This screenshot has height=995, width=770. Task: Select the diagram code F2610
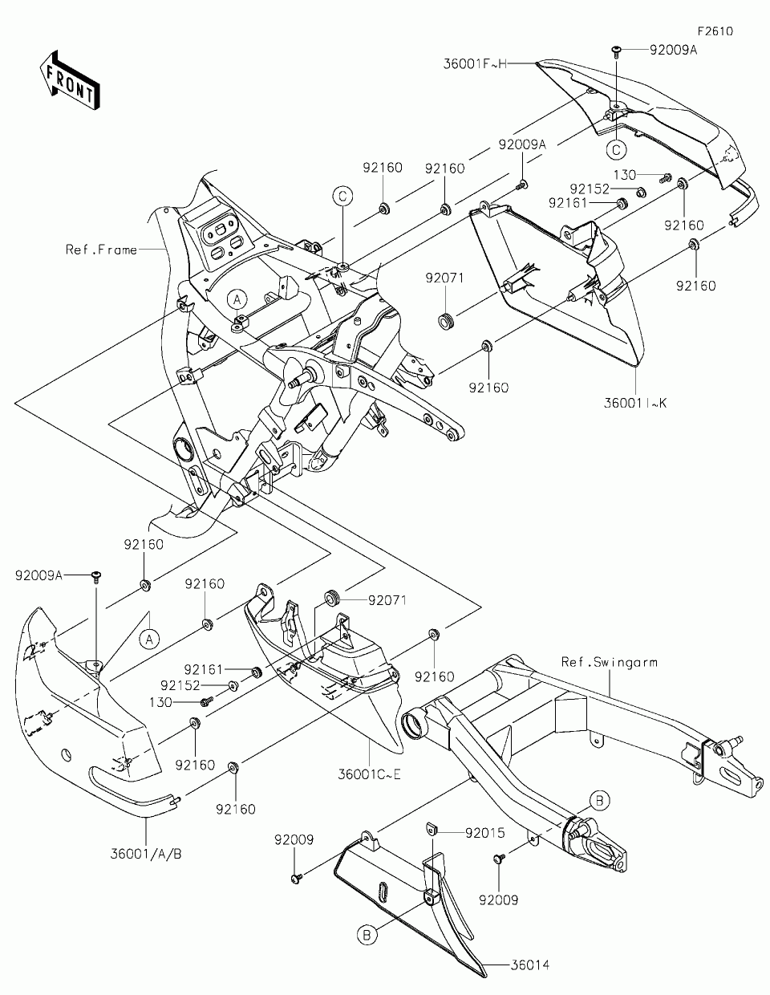pos(715,32)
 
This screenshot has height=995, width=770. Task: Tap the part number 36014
pos(528,965)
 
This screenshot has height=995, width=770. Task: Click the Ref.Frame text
pos(101,250)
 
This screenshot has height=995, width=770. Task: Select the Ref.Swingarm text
pos(610,663)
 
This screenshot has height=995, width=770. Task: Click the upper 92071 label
pos(444,278)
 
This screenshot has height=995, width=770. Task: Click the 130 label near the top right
pos(625,174)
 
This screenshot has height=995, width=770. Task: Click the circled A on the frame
pos(238,299)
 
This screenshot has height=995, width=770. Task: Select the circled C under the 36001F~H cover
pos(616,148)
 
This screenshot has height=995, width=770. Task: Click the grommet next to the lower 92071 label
pos(330,598)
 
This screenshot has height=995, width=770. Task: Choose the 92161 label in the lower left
pos(204,669)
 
